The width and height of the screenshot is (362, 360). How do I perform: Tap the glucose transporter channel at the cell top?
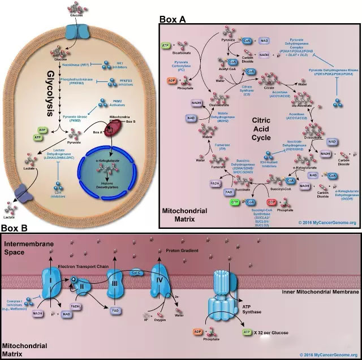[x=78, y=31]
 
